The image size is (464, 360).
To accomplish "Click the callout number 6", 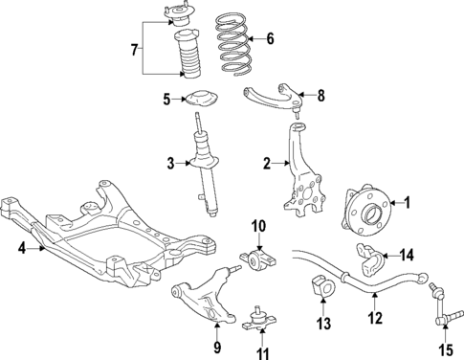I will click(x=271, y=39).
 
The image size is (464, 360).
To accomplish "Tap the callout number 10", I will click(x=258, y=226).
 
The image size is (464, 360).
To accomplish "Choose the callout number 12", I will click(x=374, y=318).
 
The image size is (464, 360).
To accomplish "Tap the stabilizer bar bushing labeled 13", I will click(x=320, y=287).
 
